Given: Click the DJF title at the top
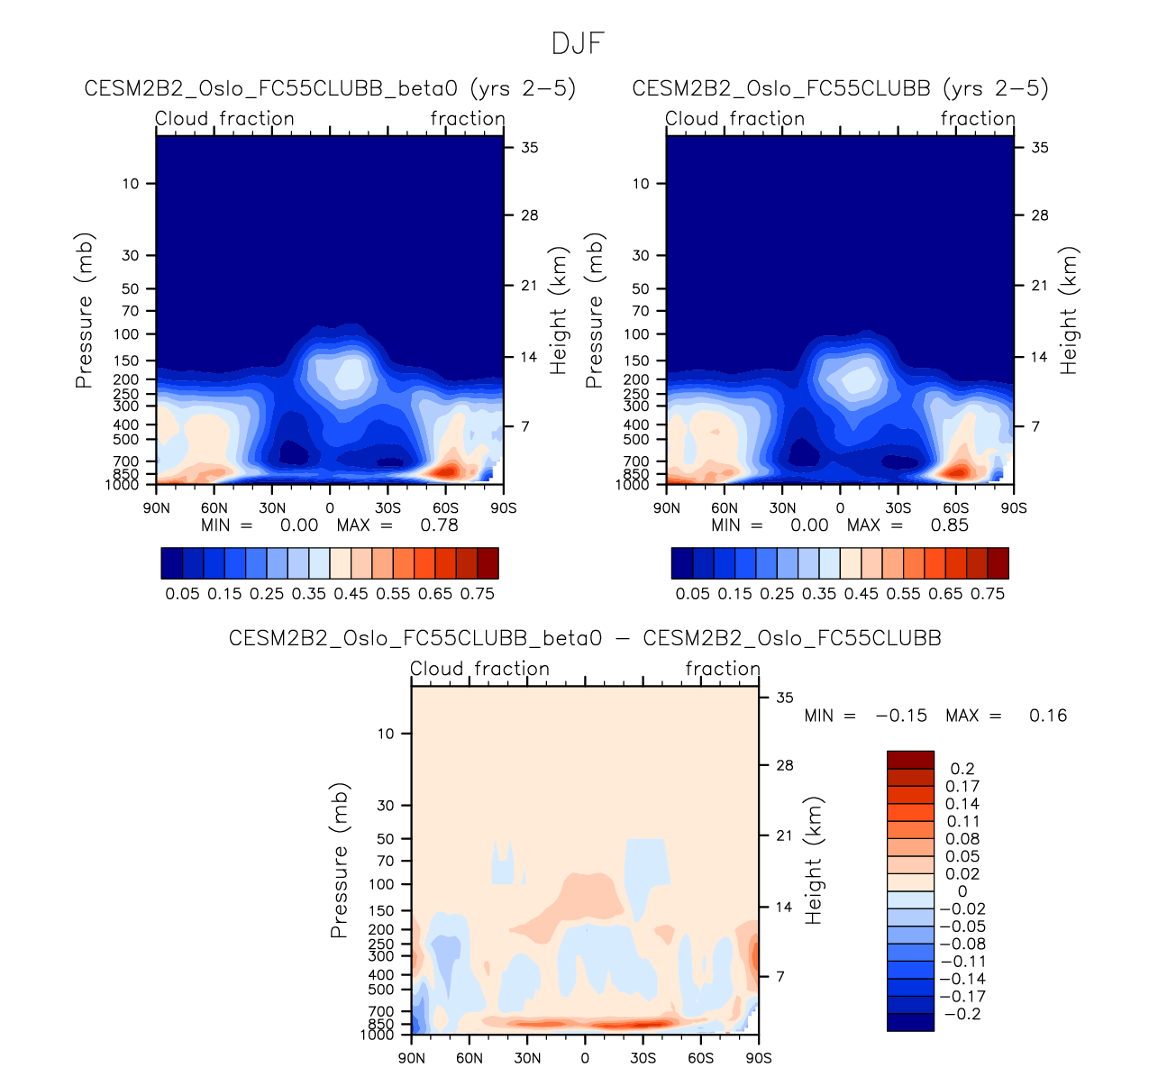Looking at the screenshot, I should [x=578, y=43].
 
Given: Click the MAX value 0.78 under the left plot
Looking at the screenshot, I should [x=439, y=525].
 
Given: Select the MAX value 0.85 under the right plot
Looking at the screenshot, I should [x=949, y=525].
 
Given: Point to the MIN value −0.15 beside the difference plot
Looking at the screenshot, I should [x=901, y=716].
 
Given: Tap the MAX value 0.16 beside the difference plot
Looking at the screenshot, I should [x=1048, y=716].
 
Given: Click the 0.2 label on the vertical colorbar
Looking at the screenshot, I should [x=962, y=769].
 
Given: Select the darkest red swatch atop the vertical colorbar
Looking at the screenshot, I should [x=910, y=759].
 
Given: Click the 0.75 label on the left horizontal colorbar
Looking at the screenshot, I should [x=477, y=594].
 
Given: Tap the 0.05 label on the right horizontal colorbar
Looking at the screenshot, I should [x=692, y=594].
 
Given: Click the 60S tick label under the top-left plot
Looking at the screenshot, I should [x=445, y=508].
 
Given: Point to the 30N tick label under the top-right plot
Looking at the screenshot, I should [x=782, y=508].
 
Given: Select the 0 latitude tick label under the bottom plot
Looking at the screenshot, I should [x=585, y=1058].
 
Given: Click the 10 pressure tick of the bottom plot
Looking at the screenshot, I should [x=386, y=734].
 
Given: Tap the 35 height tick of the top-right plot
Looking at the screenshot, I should [x=1039, y=147].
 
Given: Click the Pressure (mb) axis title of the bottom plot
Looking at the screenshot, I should [x=339, y=861].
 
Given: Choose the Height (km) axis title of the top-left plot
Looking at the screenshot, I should [x=559, y=311].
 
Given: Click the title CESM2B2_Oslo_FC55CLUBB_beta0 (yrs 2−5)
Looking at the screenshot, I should [x=330, y=88].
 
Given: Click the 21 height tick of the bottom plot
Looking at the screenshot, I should [x=784, y=835].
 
